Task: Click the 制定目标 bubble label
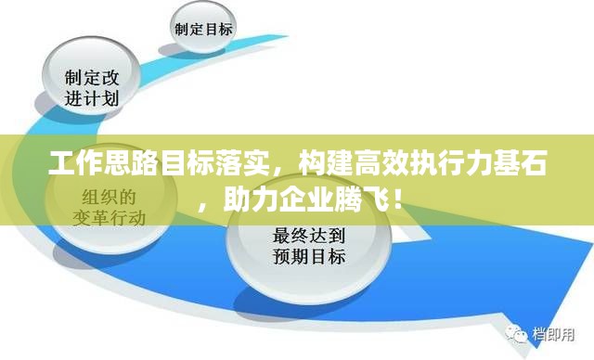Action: click(x=203, y=28)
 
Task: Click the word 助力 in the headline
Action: click(x=248, y=199)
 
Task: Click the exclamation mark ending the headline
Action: click(x=395, y=199)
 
